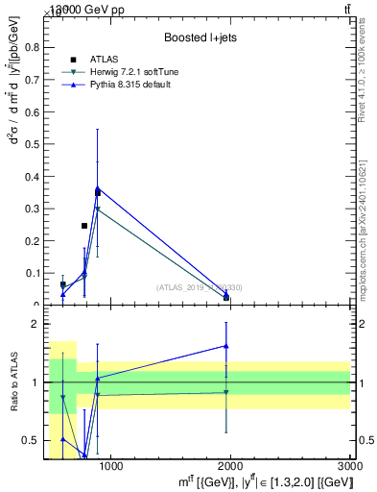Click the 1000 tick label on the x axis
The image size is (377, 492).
pyautogui.click(x=111, y=467)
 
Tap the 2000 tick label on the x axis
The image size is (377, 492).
pyautogui.click(x=231, y=467)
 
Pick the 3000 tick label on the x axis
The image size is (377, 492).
pyautogui.click(x=349, y=467)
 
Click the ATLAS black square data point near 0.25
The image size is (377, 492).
pyautogui.click(x=84, y=226)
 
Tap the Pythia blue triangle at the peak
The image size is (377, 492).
pyautogui.click(x=98, y=188)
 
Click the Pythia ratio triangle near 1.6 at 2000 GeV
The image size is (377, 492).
pyautogui.click(x=226, y=346)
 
